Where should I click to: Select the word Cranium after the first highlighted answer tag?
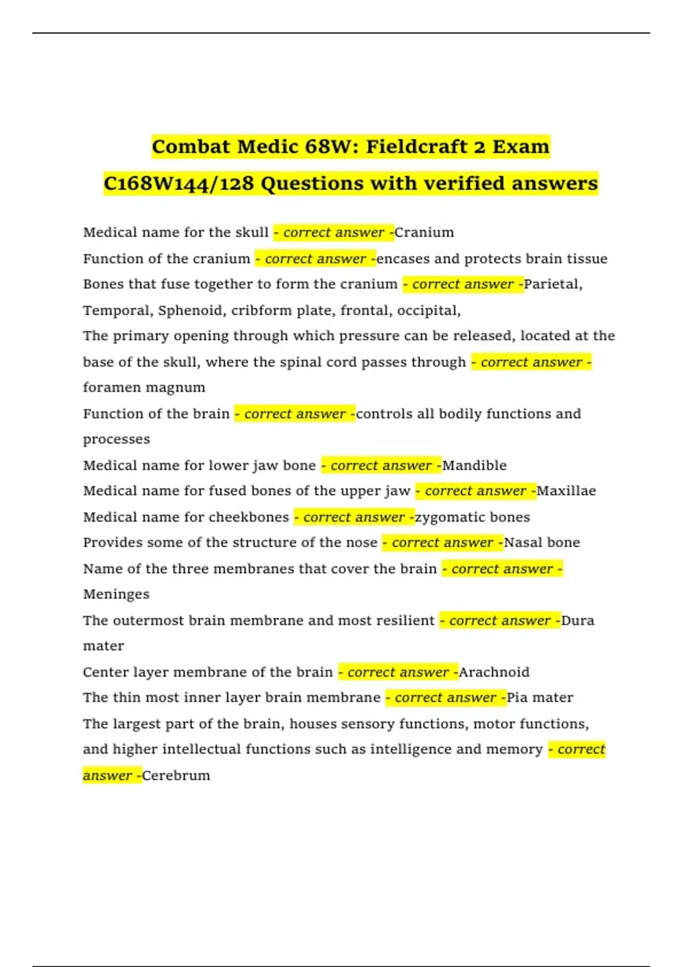[x=425, y=233]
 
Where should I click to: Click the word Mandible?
[x=475, y=465]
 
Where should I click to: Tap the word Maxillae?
[x=566, y=491]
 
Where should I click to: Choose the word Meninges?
[x=116, y=594]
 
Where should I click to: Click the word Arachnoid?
[x=494, y=672]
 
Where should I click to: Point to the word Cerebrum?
[x=176, y=775]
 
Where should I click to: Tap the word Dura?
[x=578, y=621]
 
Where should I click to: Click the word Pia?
[x=517, y=698]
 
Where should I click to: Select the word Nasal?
[x=521, y=543]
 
